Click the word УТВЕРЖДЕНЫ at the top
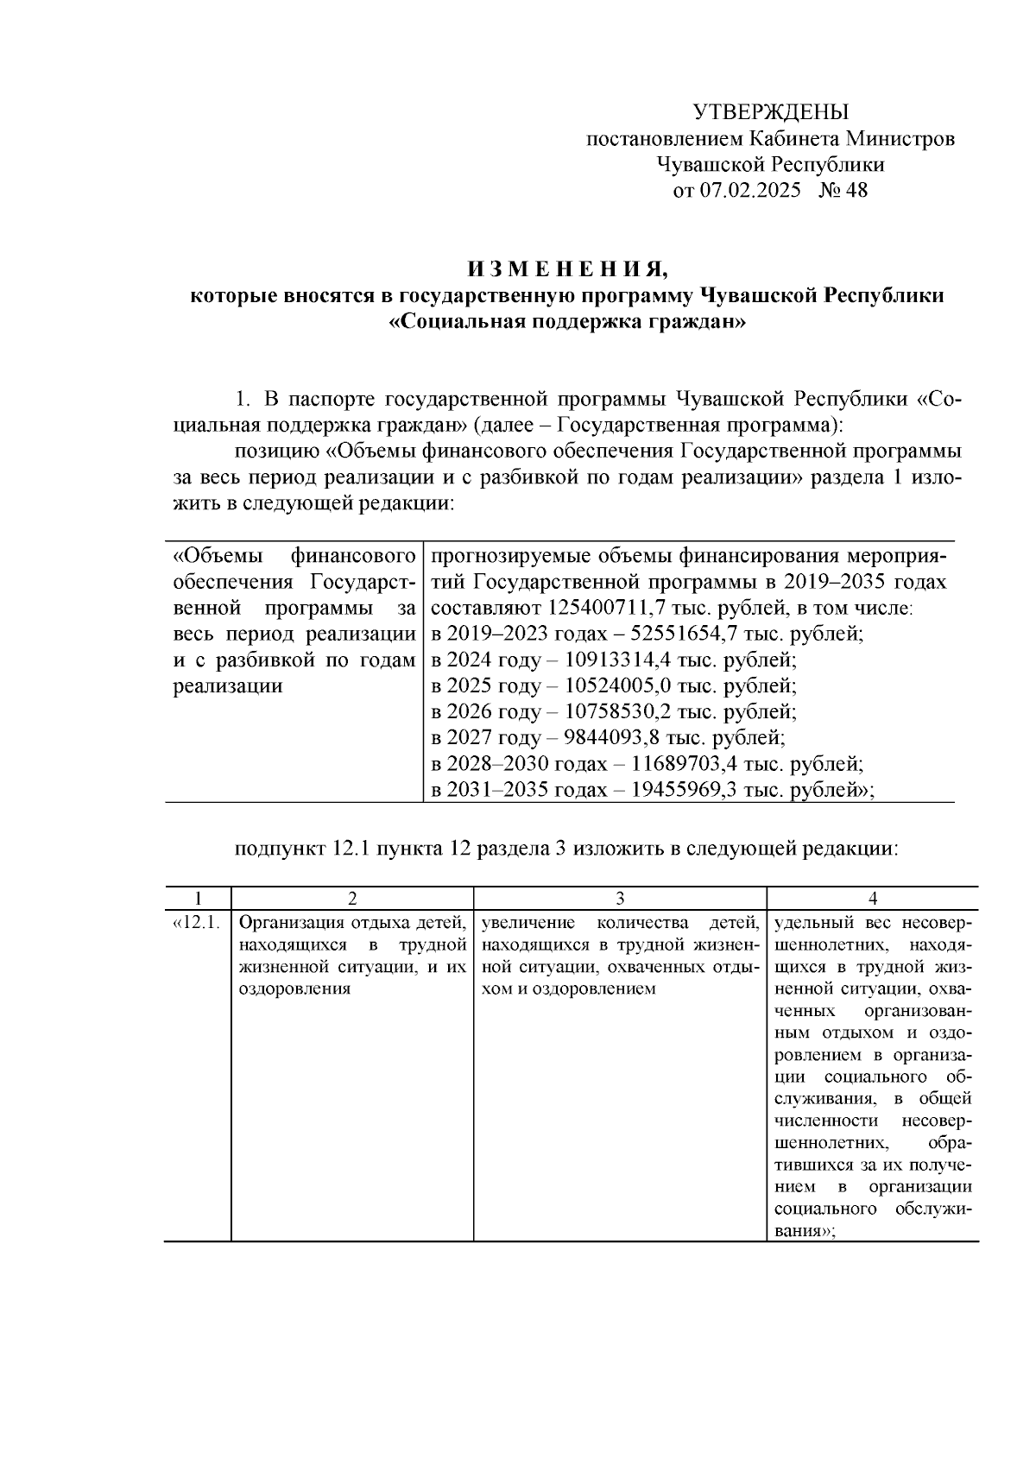[x=771, y=112]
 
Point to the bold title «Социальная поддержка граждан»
[x=567, y=323]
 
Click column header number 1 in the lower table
[x=198, y=898]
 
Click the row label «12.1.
[x=198, y=922]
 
